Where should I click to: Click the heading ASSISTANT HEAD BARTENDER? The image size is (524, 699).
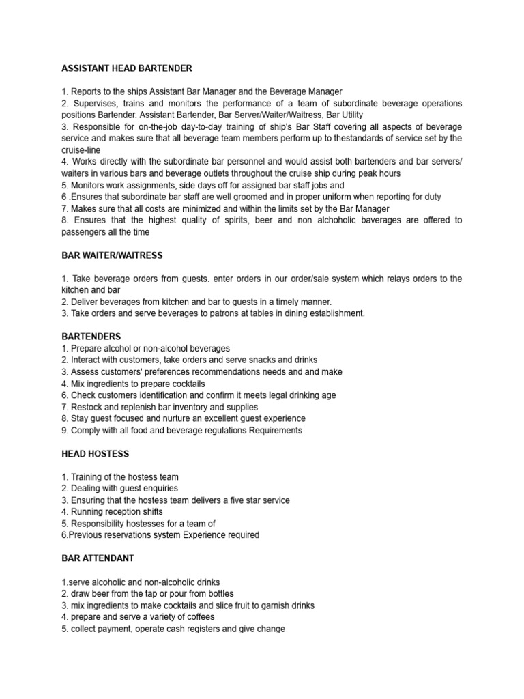[127, 68]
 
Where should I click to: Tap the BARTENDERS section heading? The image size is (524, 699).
[91, 337]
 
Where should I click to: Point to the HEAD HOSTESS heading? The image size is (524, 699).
[95, 453]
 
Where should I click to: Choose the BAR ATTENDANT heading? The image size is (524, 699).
[98, 558]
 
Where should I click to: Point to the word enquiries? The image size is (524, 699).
[154, 489]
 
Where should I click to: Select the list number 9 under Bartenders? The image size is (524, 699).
[64, 430]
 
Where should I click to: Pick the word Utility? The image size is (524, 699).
[347, 115]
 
